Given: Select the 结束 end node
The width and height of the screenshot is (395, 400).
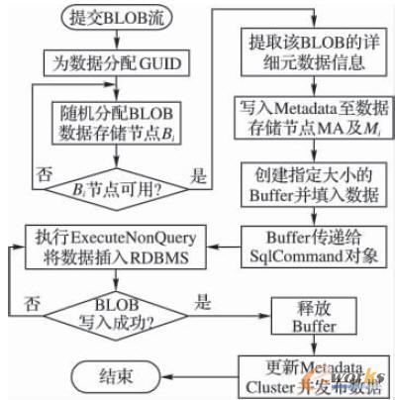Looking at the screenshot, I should pos(111,376).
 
